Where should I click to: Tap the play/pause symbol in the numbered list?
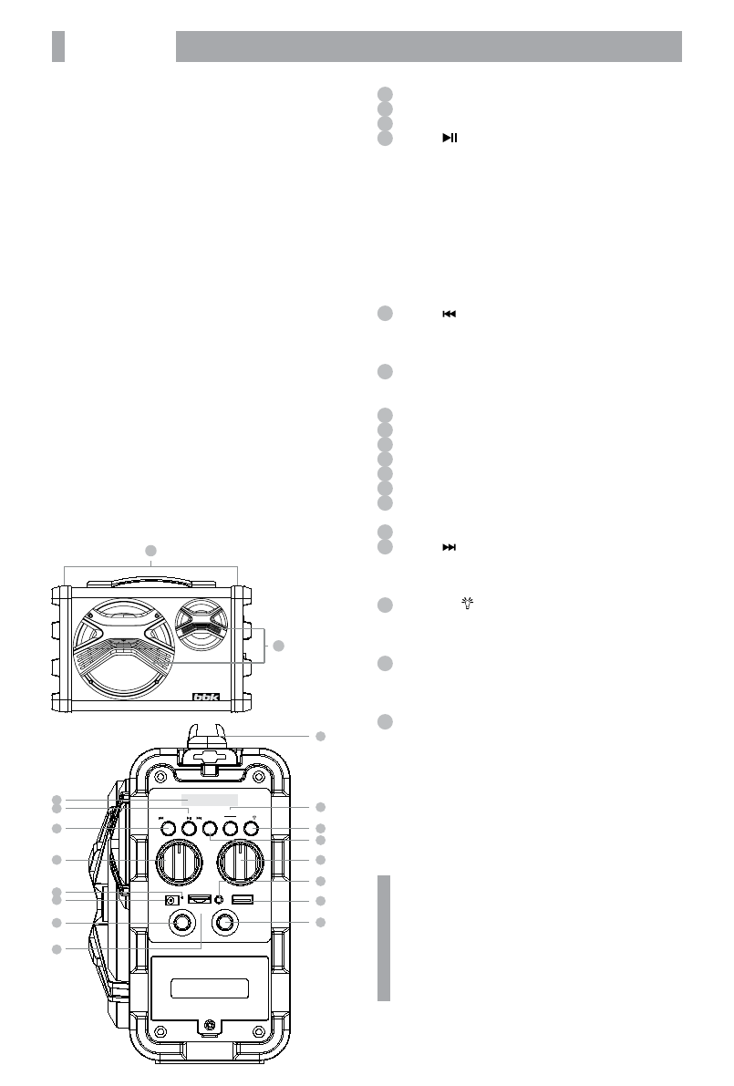pyautogui.click(x=450, y=138)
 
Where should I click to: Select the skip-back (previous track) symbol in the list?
pyautogui.click(x=449, y=314)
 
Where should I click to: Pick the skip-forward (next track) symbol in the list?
pyautogui.click(x=449, y=546)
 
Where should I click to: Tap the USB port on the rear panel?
pyautogui.click(x=243, y=901)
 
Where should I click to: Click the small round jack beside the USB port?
pyautogui.click(x=219, y=901)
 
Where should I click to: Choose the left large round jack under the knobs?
pyautogui.click(x=181, y=923)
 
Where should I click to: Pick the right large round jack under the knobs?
pyautogui.click(x=225, y=923)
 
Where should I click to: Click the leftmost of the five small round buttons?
pyautogui.click(x=165, y=829)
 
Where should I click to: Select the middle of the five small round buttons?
pyautogui.click(x=209, y=829)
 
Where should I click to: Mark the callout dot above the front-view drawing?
pyautogui.click(x=151, y=550)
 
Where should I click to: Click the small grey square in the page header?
pyautogui.click(x=58, y=47)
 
